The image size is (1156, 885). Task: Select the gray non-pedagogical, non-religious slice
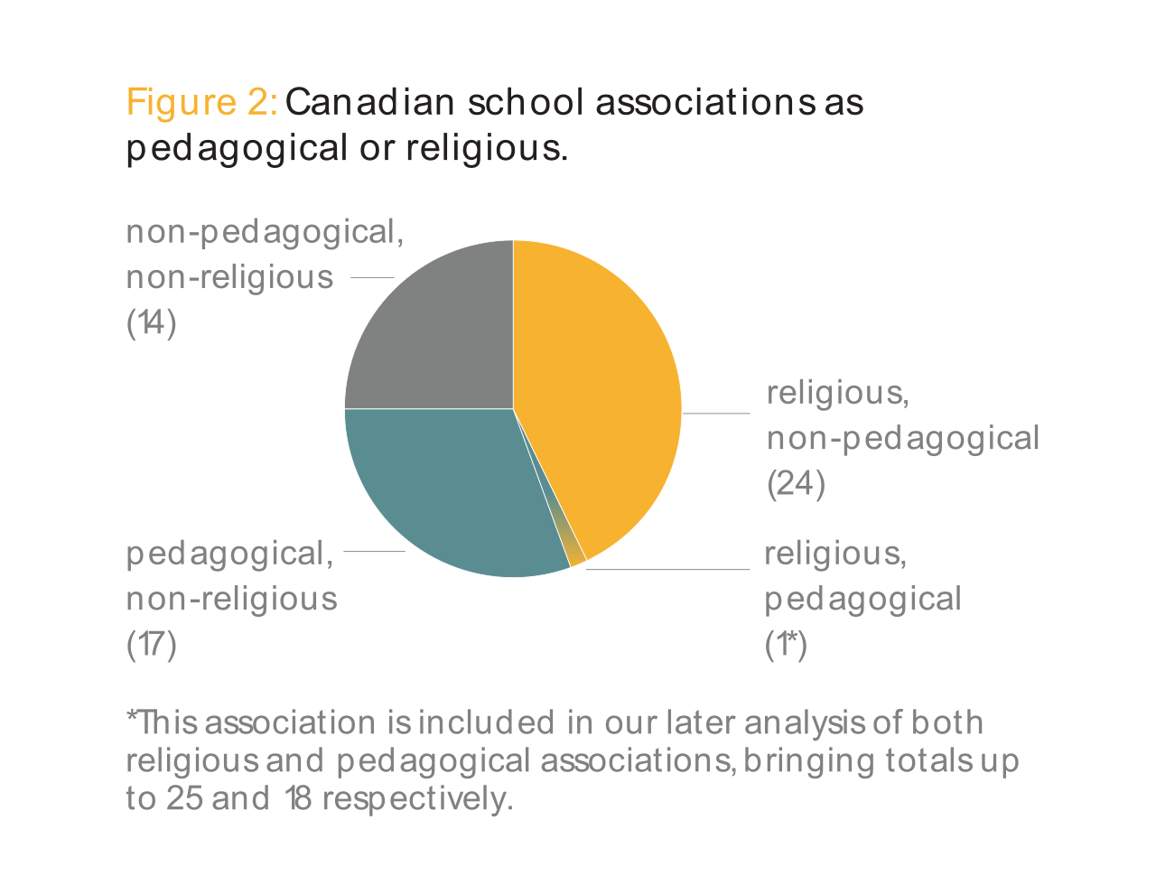(433, 334)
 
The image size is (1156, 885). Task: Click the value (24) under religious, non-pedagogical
(796, 484)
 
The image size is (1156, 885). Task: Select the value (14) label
(151, 322)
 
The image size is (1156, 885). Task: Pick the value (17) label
(151, 644)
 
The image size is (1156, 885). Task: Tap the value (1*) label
(785, 644)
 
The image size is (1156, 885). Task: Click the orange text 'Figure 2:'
(201, 102)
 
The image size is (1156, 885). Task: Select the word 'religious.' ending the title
(487, 147)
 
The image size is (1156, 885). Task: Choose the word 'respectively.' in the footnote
(417, 798)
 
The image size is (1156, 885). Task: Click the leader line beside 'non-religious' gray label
(372, 277)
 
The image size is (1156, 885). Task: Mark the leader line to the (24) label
(715, 414)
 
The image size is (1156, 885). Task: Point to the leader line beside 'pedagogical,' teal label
(374, 551)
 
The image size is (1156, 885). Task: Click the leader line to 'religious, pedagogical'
(668, 569)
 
